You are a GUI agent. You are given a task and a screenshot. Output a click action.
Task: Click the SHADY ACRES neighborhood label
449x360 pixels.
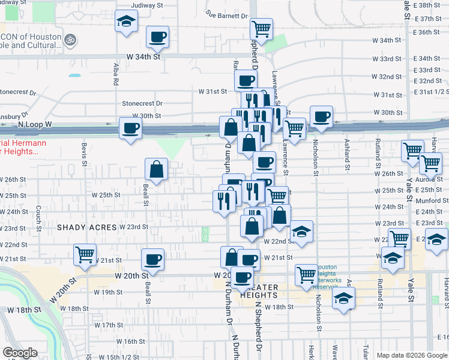[x=86, y=227]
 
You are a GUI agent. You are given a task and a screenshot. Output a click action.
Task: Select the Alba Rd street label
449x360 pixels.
[x=115, y=76]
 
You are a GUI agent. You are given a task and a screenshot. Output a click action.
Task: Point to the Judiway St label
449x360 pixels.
[x=148, y=5]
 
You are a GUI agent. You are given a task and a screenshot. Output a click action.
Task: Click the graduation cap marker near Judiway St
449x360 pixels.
[x=126, y=22]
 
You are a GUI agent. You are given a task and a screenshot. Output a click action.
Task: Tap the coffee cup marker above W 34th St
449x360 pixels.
[x=158, y=37]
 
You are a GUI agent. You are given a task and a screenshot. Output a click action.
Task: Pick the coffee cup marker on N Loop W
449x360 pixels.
[x=131, y=127]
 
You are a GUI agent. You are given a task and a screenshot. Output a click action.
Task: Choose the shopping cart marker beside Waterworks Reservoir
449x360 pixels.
[x=307, y=274]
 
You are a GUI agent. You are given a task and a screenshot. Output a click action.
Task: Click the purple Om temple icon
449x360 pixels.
[x=70, y=37]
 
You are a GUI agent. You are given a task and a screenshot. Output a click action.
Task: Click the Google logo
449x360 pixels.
[x=20, y=352]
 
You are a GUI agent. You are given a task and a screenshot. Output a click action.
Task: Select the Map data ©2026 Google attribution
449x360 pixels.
[x=411, y=355]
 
